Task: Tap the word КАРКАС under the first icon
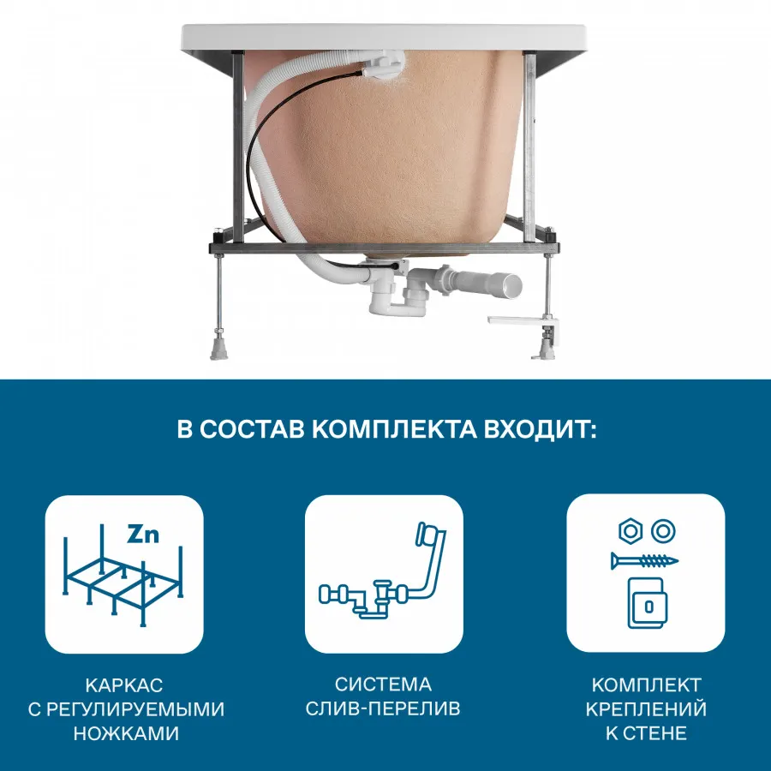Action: coord(124,685)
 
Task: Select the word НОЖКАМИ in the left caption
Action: coord(124,733)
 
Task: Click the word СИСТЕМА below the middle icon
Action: coord(384,685)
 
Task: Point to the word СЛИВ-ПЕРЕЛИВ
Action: coord(384,709)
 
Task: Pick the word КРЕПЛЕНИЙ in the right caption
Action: coord(646,709)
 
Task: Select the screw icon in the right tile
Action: coord(644,561)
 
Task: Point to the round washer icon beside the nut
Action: coord(661,531)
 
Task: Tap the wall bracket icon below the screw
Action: coord(646,602)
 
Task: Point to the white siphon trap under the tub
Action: coord(380,300)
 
